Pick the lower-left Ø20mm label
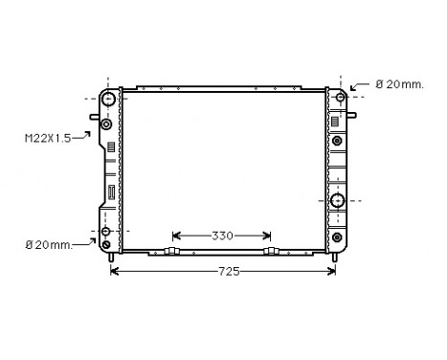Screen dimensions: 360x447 click(x=48, y=246)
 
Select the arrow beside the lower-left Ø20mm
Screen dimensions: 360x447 click(x=87, y=243)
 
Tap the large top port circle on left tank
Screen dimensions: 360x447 click(x=110, y=99)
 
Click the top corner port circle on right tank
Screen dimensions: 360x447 click(x=339, y=98)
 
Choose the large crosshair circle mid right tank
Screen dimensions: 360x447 click(x=338, y=201)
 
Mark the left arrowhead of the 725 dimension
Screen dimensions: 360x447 click(x=115, y=272)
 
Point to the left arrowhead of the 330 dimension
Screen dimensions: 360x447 click(x=175, y=236)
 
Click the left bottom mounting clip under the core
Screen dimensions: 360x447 click(x=172, y=252)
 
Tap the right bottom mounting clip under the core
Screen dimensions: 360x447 click(x=272, y=252)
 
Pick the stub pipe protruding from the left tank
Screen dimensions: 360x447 click(x=95, y=119)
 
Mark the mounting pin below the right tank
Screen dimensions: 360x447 click(x=335, y=257)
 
